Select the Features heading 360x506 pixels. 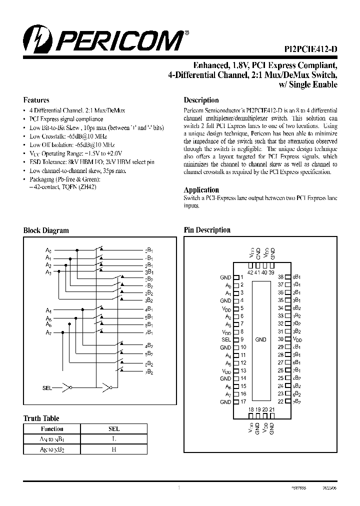(x=36, y=99)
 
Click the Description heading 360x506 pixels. (x=201, y=100)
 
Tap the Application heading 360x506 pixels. (x=201, y=190)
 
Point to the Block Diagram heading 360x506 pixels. (x=46, y=230)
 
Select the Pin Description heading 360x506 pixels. (x=207, y=230)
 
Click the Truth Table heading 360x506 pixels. (x=41, y=418)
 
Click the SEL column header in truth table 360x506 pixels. (x=113, y=429)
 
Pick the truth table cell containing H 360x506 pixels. (x=113, y=449)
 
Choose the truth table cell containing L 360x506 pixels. (x=113, y=439)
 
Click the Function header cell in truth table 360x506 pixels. (x=52, y=429)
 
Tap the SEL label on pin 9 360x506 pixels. (x=226, y=339)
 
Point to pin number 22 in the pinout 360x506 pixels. (x=281, y=402)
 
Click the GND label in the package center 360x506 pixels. (x=260, y=339)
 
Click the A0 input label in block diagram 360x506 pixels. (x=48, y=249)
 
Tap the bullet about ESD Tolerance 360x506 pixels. (x=91, y=162)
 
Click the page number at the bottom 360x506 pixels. (x=178, y=486)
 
